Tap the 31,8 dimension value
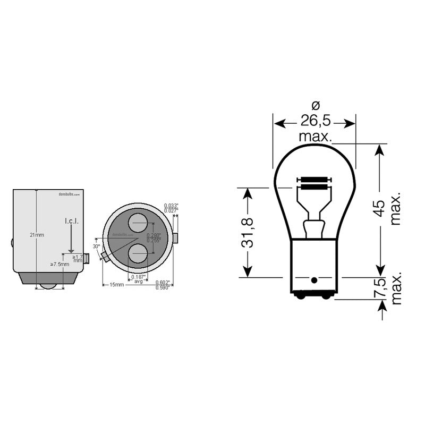(x=248, y=233)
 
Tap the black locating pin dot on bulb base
(x=314, y=280)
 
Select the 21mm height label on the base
(x=36, y=235)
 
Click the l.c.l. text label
(x=71, y=221)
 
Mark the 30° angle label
(x=96, y=246)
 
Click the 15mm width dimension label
(x=117, y=285)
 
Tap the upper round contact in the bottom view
(x=137, y=222)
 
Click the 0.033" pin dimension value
(x=171, y=205)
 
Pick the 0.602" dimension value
(x=163, y=283)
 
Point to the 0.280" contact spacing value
(x=154, y=235)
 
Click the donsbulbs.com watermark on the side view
(x=69, y=195)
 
